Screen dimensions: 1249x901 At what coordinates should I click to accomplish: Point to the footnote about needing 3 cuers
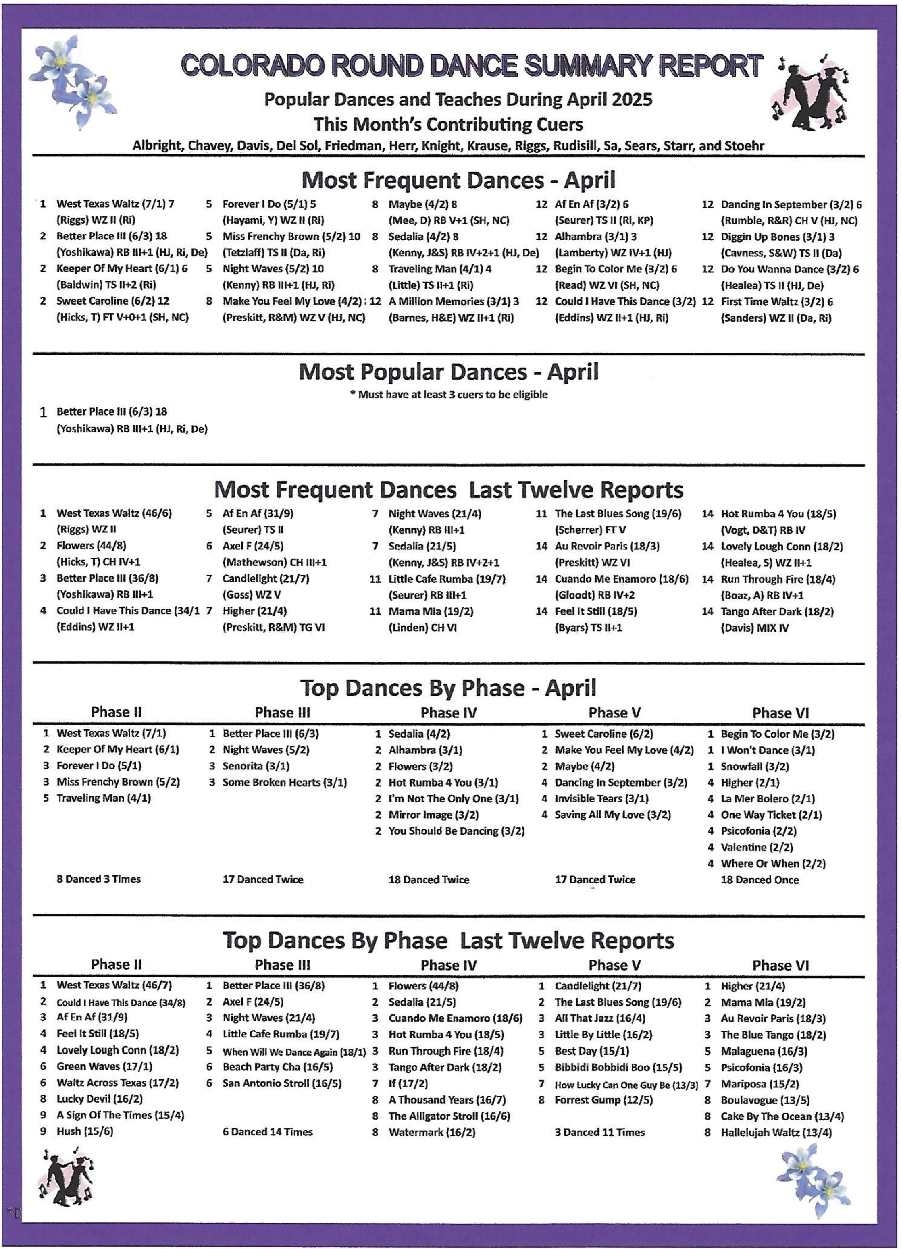click(x=448, y=394)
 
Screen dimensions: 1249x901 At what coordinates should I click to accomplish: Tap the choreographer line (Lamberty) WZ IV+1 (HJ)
click(x=612, y=254)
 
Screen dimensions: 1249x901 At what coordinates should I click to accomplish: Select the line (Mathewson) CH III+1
click(x=274, y=562)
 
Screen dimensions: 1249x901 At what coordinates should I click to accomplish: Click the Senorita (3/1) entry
click(x=256, y=766)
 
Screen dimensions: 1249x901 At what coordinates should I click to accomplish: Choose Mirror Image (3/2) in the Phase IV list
click(x=433, y=815)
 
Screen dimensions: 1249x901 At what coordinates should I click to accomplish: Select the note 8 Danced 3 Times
click(x=99, y=879)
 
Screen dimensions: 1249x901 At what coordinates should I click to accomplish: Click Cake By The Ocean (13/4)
click(x=782, y=1116)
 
